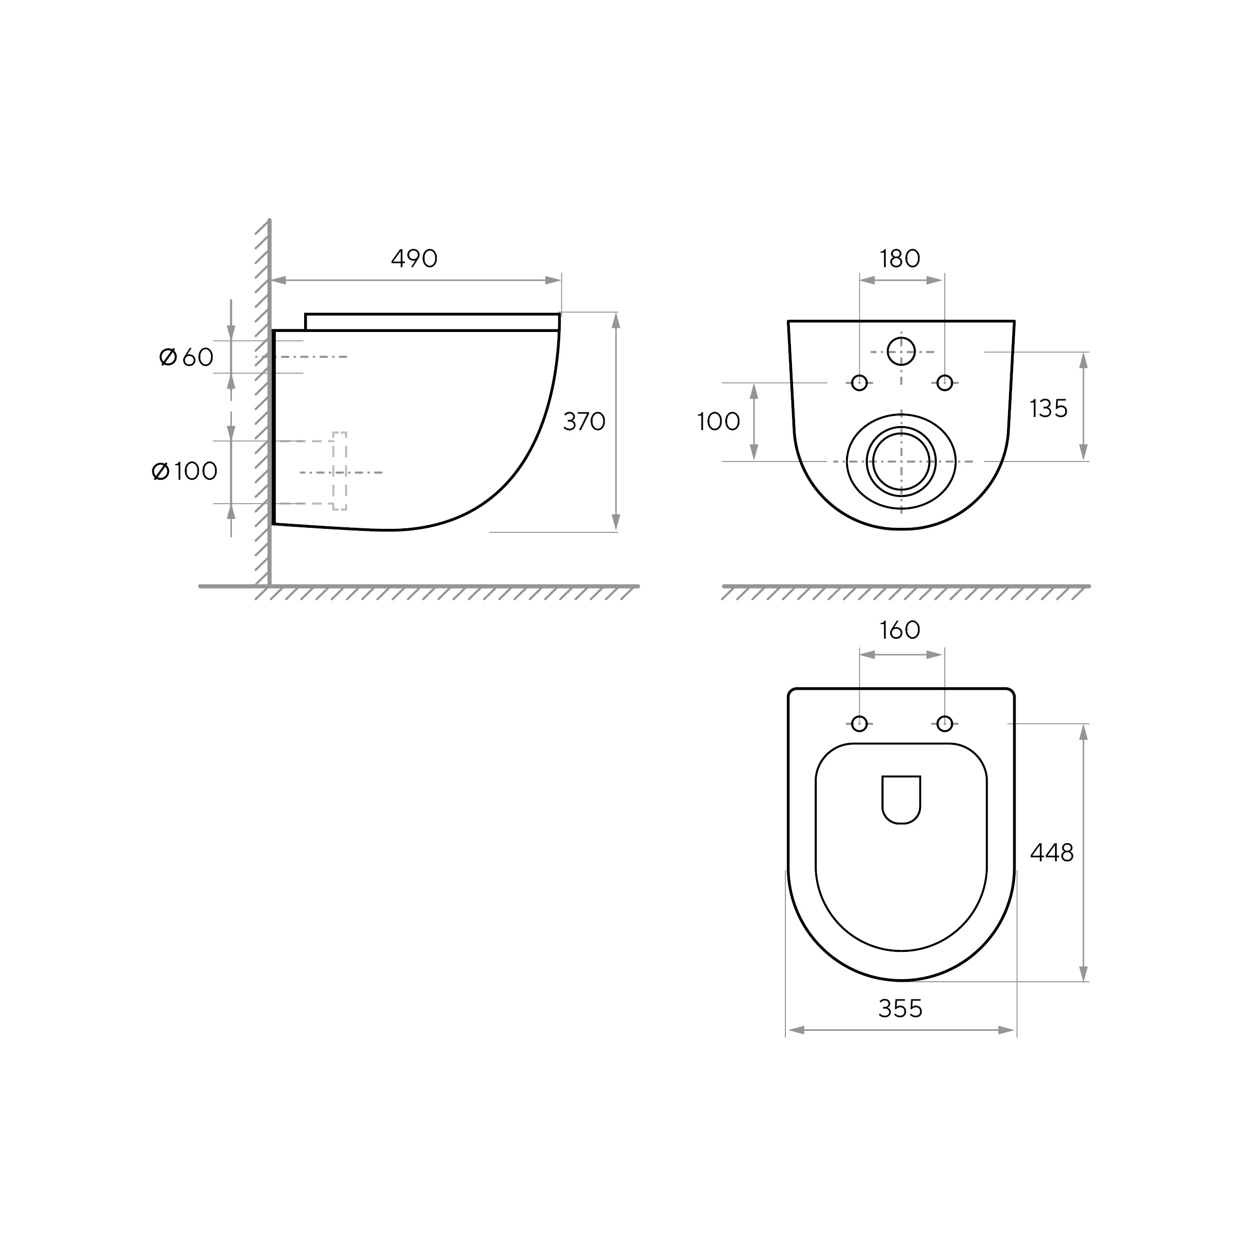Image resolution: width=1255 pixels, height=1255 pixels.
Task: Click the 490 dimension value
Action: pos(414,259)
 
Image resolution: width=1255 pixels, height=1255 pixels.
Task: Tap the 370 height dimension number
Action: pos(584,422)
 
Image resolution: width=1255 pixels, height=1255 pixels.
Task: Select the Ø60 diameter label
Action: pos(186,357)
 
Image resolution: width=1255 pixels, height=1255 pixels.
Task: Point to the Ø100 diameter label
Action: pos(185,471)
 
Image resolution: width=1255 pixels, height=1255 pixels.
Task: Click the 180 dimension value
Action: pos(900,259)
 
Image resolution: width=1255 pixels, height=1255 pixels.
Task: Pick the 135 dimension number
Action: pos(1049,408)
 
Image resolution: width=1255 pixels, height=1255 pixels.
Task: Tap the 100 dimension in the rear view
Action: pos(719,422)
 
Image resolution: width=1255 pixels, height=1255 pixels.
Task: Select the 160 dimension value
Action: pos(900,630)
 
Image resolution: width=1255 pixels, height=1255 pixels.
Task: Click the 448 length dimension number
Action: pos(1052,852)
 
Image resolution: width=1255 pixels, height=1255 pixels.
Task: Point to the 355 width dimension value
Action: pos(900,1008)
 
